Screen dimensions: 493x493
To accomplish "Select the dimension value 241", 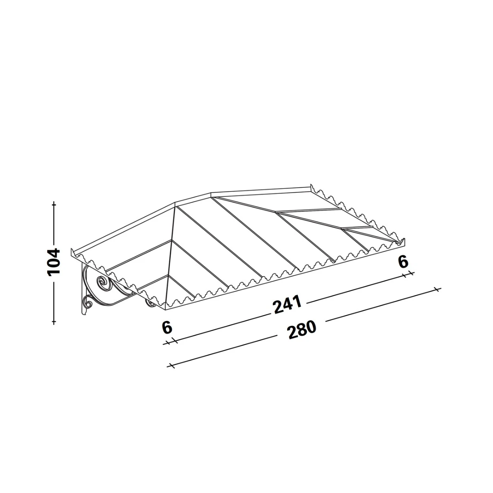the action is coord(287,305).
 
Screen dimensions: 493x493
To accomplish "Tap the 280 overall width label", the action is coord(302,330).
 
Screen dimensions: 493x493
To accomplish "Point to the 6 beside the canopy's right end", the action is coord(403,262).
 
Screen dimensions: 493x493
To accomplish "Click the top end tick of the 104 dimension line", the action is coord(54,204).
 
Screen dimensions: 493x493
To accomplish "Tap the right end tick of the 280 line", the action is coord(438,290).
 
